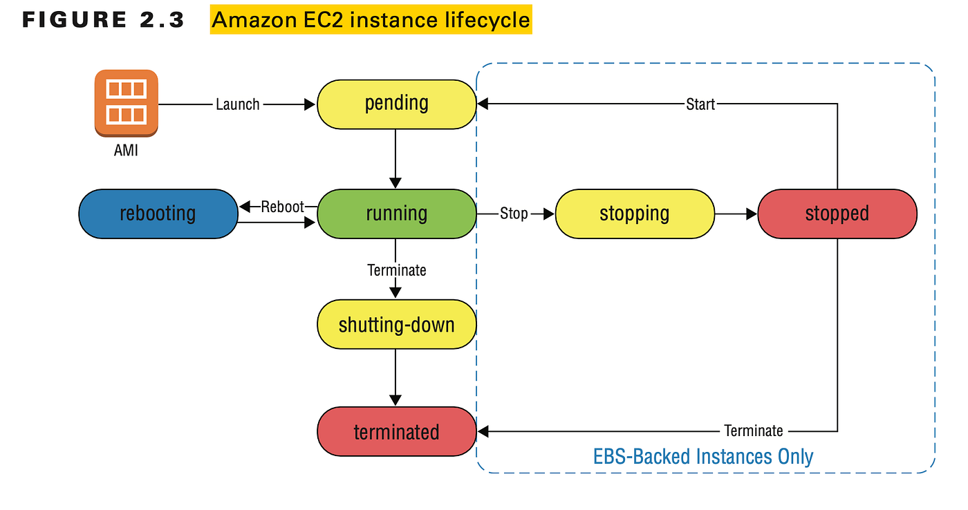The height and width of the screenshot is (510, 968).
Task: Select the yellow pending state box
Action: tap(396, 104)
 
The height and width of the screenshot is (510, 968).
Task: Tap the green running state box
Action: tap(396, 214)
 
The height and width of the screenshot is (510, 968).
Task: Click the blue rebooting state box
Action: tap(158, 214)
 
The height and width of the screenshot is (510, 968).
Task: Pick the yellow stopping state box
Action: tap(635, 214)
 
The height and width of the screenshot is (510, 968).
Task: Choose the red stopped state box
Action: tap(837, 214)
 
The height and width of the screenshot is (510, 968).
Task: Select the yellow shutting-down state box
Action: tap(396, 324)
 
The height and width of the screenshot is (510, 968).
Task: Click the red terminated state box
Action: tap(396, 433)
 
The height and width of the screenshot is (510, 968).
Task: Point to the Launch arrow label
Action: tap(238, 104)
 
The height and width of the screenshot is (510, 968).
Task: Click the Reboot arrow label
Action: tap(282, 207)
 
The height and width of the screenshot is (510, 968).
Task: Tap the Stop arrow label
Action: tap(514, 214)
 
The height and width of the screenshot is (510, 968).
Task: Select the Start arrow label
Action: tap(700, 104)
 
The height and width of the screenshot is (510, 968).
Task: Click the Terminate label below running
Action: tap(397, 270)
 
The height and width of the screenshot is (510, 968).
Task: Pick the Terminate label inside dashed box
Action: tap(754, 431)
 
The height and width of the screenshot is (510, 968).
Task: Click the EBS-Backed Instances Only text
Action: tap(703, 457)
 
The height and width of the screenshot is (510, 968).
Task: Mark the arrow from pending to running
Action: tap(395, 159)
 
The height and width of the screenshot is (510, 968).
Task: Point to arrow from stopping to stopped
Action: tap(736, 214)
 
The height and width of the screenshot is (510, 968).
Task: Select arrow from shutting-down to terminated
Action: tap(395, 377)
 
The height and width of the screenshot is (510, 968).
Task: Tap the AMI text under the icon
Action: tap(126, 150)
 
